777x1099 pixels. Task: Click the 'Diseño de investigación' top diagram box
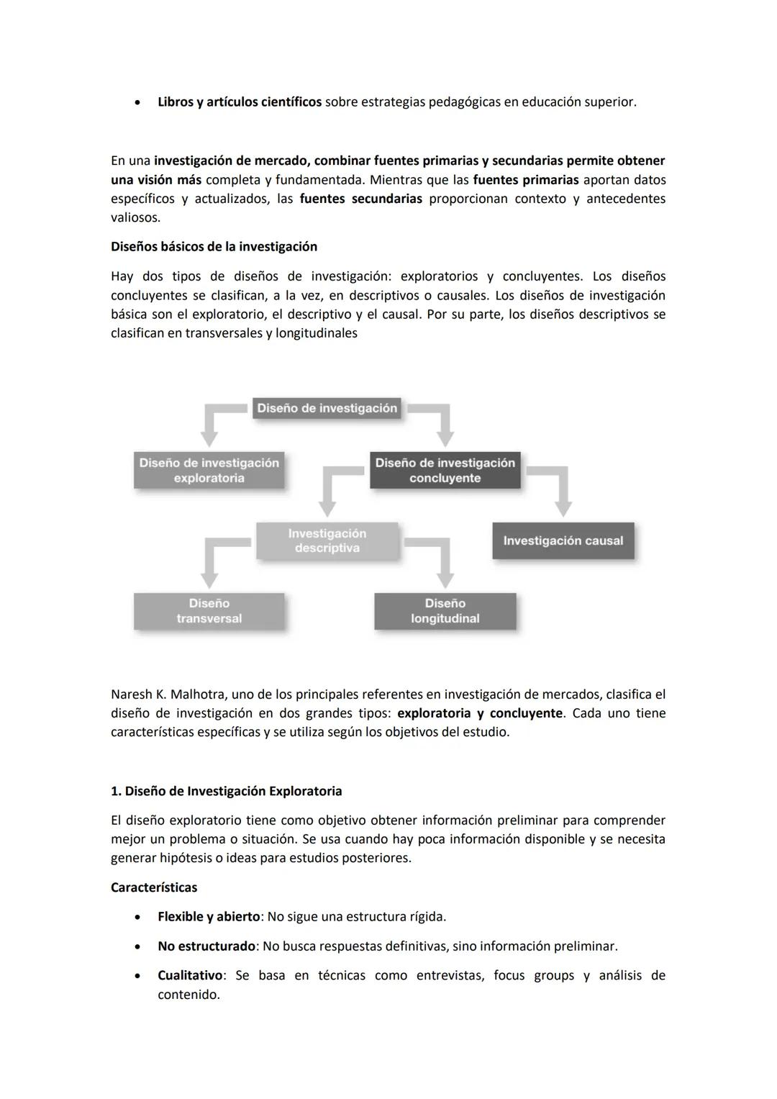pyautogui.click(x=327, y=408)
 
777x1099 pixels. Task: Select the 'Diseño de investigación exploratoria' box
pyautogui.click(x=209, y=470)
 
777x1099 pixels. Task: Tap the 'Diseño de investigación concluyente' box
pyautogui.click(x=445, y=470)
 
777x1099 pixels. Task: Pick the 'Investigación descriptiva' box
pyautogui.click(x=327, y=541)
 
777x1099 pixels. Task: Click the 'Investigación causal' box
pyautogui.click(x=563, y=541)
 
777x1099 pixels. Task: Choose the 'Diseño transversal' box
pyautogui.click(x=209, y=611)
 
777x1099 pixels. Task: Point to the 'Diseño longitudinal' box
pyautogui.click(x=445, y=611)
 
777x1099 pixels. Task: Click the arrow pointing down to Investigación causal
pyautogui.click(x=563, y=497)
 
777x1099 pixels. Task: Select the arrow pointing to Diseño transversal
pyautogui.click(x=209, y=569)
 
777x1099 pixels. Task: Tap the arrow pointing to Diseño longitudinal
pyautogui.click(x=445, y=569)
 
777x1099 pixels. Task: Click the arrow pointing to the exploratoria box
pyautogui.click(x=209, y=429)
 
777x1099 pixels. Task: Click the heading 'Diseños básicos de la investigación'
pyautogui.click(x=214, y=247)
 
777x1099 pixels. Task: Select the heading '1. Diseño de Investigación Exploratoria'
pyautogui.click(x=226, y=791)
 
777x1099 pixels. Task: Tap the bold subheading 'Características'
pyautogui.click(x=153, y=887)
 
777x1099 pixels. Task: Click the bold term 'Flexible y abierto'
pyautogui.click(x=208, y=917)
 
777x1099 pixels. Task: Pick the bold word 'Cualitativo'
pyautogui.click(x=190, y=975)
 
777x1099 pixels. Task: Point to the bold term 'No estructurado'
pyautogui.click(x=206, y=946)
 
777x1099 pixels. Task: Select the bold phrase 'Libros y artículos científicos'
pyautogui.click(x=239, y=102)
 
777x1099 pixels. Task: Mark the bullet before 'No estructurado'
pyautogui.click(x=137, y=947)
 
